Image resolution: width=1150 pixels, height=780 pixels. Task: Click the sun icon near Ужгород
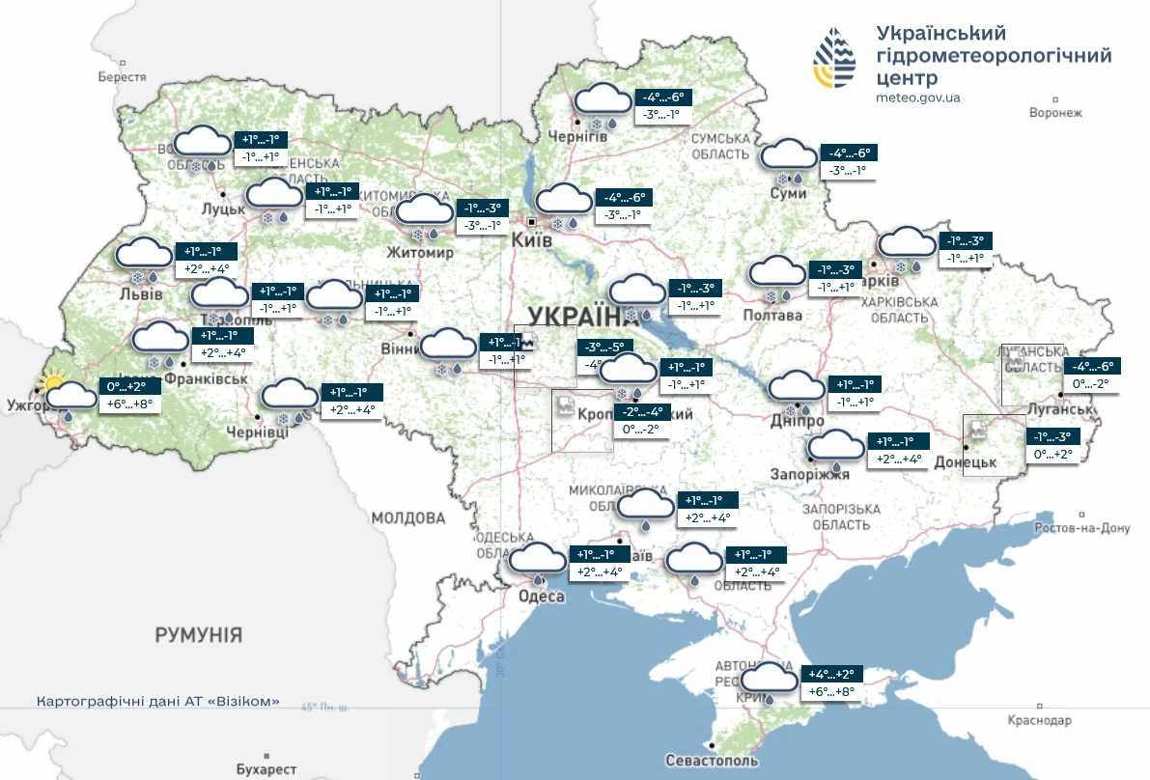tap(52, 385)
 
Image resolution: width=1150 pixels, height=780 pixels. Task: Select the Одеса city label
tap(541, 597)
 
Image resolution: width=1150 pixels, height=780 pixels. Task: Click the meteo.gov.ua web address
tap(918, 97)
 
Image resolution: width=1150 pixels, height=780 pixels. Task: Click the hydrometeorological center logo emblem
tap(834, 57)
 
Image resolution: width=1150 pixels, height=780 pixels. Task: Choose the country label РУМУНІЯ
tap(199, 635)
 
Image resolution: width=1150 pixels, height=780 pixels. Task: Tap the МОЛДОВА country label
tap(409, 518)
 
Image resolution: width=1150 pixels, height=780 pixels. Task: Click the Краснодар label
tap(1039, 721)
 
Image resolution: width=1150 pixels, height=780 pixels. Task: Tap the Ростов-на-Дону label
tap(1081, 528)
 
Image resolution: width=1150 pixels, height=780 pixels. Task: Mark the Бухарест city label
tap(266, 769)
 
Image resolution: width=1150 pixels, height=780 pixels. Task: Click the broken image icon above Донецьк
tap(977, 429)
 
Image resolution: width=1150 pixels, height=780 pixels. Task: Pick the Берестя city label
tap(122, 77)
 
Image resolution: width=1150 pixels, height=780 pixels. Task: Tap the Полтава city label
tap(772, 316)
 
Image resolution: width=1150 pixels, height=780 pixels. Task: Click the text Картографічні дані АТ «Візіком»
tap(157, 701)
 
